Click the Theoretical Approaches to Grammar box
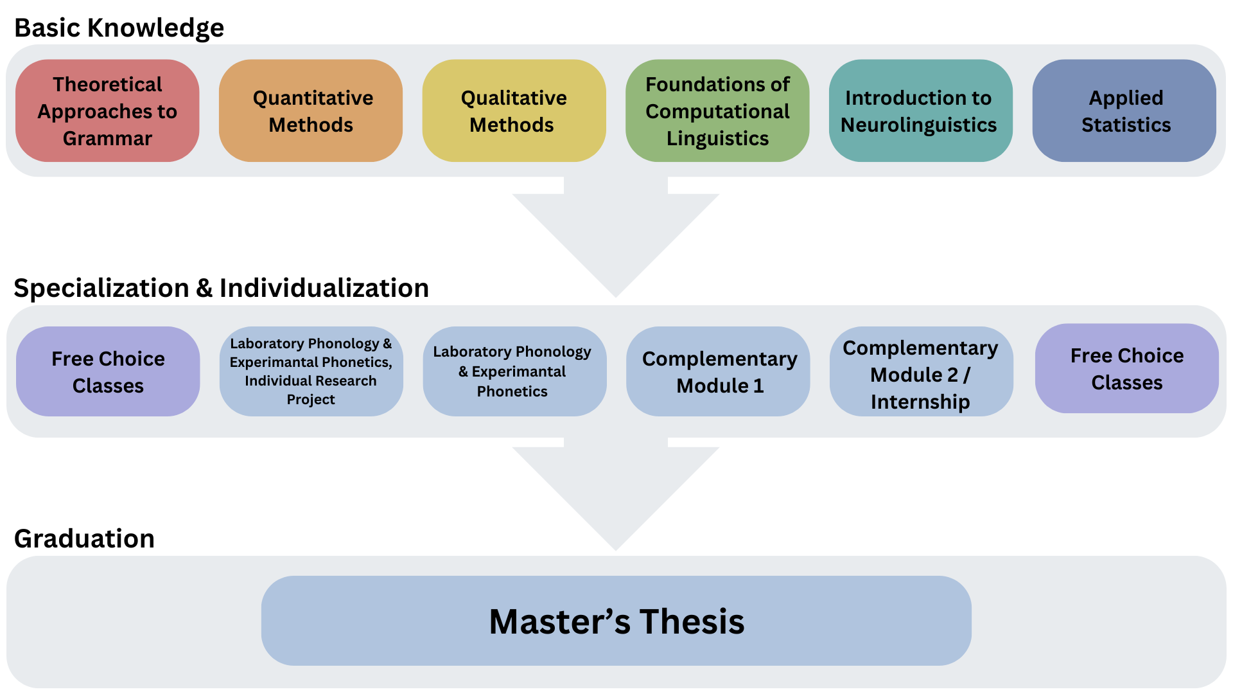(107, 111)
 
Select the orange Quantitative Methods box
(311, 111)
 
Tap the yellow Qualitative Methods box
(514, 111)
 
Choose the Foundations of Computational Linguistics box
(717, 111)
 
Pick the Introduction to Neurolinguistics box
(920, 111)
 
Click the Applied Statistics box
(1124, 111)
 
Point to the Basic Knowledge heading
(119, 28)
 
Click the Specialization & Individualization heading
(221, 288)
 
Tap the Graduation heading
(84, 538)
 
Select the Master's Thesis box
(616, 621)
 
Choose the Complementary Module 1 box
(718, 371)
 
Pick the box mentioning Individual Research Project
(311, 371)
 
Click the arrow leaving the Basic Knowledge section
(616, 238)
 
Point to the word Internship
(920, 402)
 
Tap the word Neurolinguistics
(918, 125)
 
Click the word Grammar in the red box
(107, 138)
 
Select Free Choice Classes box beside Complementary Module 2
(1126, 369)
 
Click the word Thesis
(692, 622)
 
